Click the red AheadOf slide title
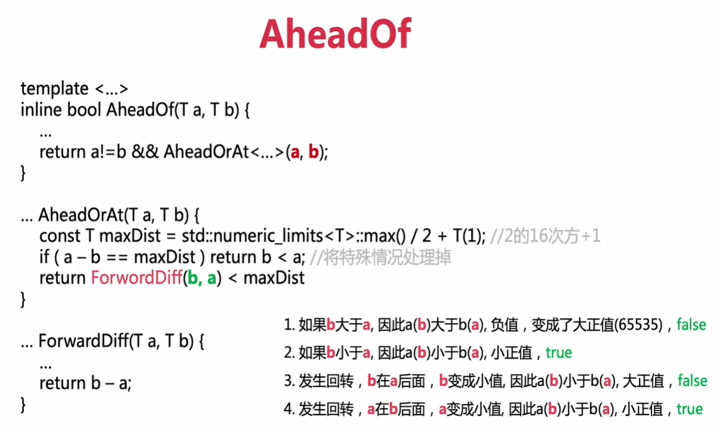(x=335, y=34)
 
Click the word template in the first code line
(x=54, y=88)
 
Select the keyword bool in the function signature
(x=84, y=109)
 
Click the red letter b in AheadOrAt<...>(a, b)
(x=313, y=151)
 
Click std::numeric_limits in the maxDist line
(x=252, y=236)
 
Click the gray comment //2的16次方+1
(x=544, y=236)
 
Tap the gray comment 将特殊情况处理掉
(x=387, y=257)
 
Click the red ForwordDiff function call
(x=136, y=278)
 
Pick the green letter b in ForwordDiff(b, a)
(x=192, y=278)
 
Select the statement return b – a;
(x=85, y=382)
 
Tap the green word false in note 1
(x=691, y=324)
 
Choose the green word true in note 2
(x=558, y=352)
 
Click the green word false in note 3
(x=692, y=381)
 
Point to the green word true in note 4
(x=689, y=409)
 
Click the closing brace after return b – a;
(x=23, y=404)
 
